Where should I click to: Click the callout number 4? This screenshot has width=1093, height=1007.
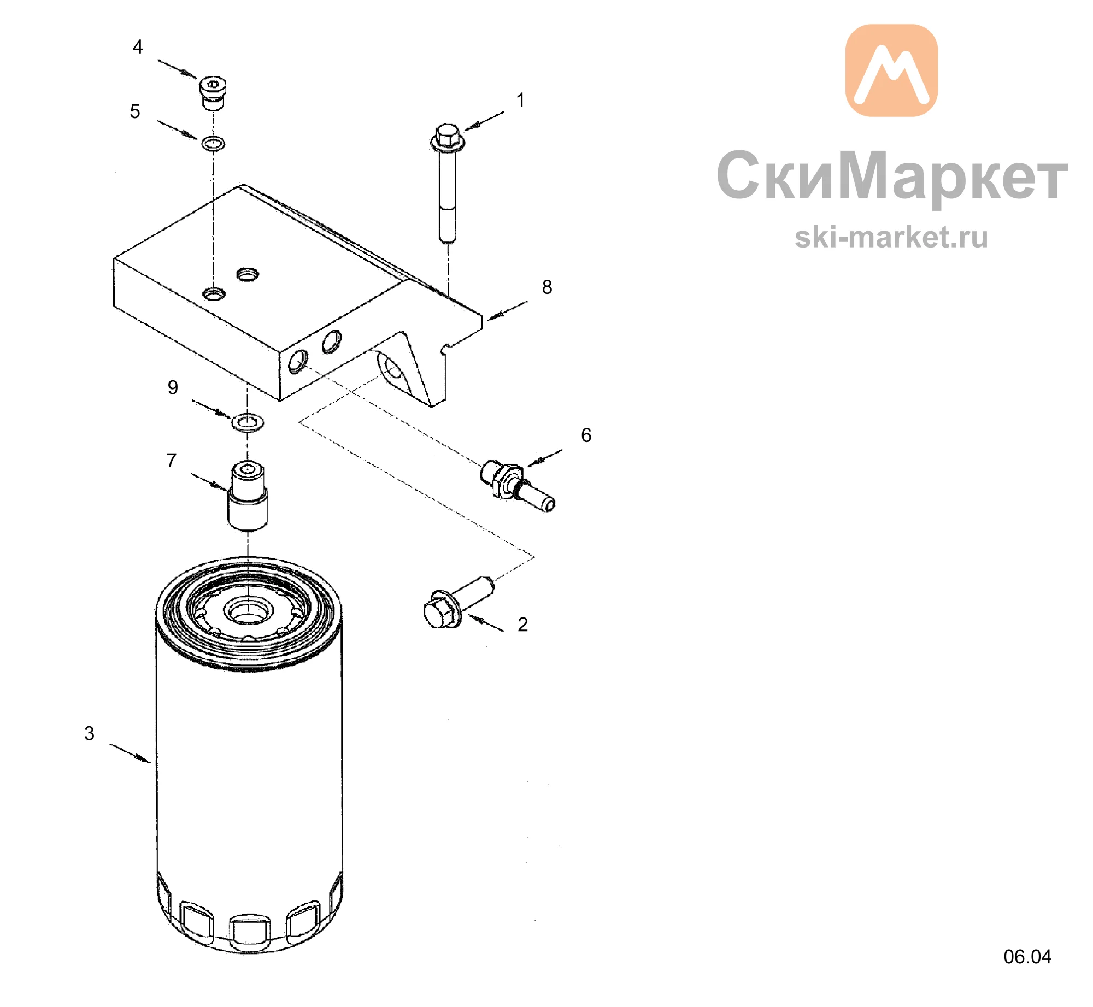(x=138, y=47)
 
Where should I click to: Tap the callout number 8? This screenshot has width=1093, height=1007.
(x=547, y=287)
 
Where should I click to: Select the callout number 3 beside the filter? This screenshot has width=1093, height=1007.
(x=89, y=734)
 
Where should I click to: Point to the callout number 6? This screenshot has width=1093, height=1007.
(x=586, y=435)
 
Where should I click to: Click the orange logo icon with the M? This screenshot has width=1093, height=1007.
(x=891, y=70)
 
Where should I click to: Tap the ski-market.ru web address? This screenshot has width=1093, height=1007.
(x=891, y=238)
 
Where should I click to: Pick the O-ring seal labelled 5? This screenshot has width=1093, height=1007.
(x=213, y=144)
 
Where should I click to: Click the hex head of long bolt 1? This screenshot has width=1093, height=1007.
(x=448, y=137)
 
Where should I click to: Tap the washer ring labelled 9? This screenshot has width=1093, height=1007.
(x=248, y=422)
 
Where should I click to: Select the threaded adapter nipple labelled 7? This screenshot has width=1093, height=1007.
(x=248, y=496)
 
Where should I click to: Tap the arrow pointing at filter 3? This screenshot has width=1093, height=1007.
(x=130, y=753)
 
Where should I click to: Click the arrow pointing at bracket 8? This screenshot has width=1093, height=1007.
(x=507, y=310)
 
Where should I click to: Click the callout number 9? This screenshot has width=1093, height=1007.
(x=173, y=388)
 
